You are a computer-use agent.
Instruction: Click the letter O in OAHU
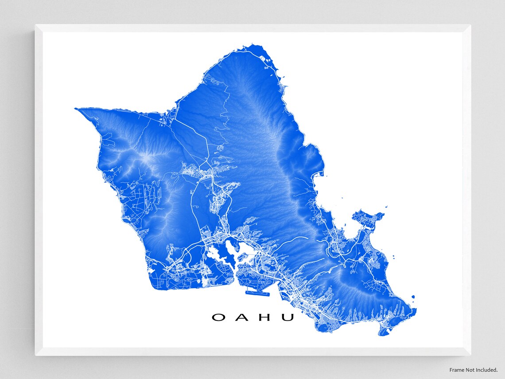click(218, 317)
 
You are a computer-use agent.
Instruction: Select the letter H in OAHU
click(264, 317)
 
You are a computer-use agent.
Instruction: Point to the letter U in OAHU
click(287, 317)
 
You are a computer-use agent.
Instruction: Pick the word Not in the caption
click(472, 370)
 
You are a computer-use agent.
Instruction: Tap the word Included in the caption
click(489, 370)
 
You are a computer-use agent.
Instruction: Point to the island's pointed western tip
click(76, 108)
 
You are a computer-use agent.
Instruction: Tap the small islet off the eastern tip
click(413, 297)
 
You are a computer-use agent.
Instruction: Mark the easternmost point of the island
click(416, 310)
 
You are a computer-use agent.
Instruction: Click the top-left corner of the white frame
click(35, 25)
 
